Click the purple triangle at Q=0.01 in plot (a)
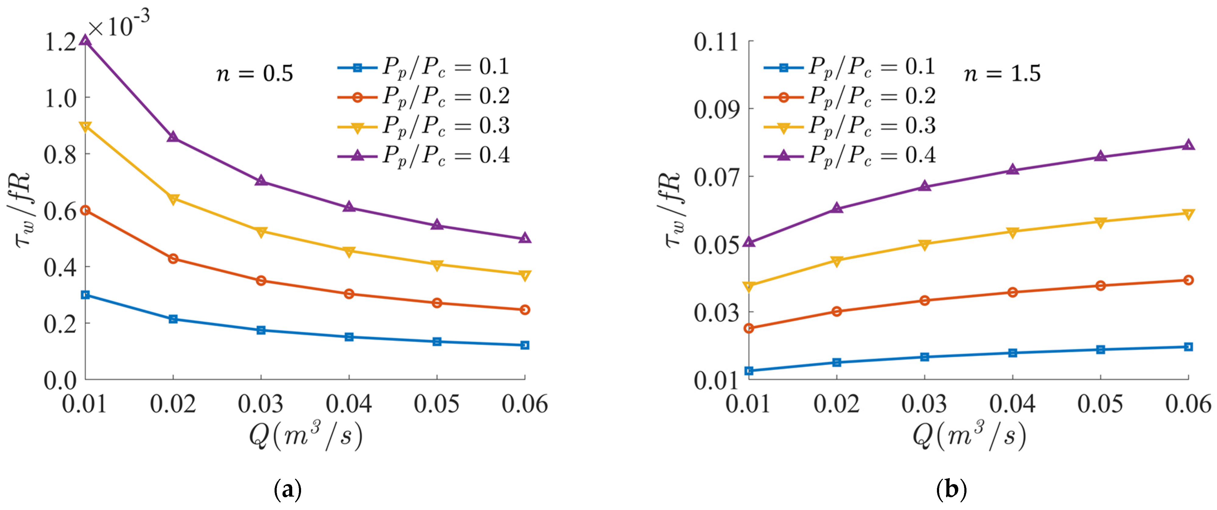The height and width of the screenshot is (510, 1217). (x=86, y=40)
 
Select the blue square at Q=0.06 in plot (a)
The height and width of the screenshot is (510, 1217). (x=524, y=345)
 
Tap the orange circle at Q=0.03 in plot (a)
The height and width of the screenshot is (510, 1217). (x=261, y=281)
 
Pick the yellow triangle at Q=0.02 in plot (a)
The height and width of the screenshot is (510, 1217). (x=174, y=199)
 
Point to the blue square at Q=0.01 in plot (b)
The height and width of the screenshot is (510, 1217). (x=749, y=371)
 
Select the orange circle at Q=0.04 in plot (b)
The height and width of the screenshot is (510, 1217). (x=1012, y=292)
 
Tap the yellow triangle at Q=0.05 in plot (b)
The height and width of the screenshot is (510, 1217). (x=1101, y=222)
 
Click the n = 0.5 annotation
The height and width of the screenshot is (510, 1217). (x=255, y=74)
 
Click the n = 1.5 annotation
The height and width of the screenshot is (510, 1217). (x=1002, y=74)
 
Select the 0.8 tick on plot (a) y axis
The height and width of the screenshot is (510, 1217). (x=60, y=154)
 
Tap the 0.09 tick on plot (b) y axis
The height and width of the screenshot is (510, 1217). (x=716, y=109)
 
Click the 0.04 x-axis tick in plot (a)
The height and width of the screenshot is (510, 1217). (x=349, y=404)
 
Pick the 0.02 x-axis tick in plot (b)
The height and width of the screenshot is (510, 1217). (x=837, y=404)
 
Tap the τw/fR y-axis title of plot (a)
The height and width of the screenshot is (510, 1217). (x=23, y=210)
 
